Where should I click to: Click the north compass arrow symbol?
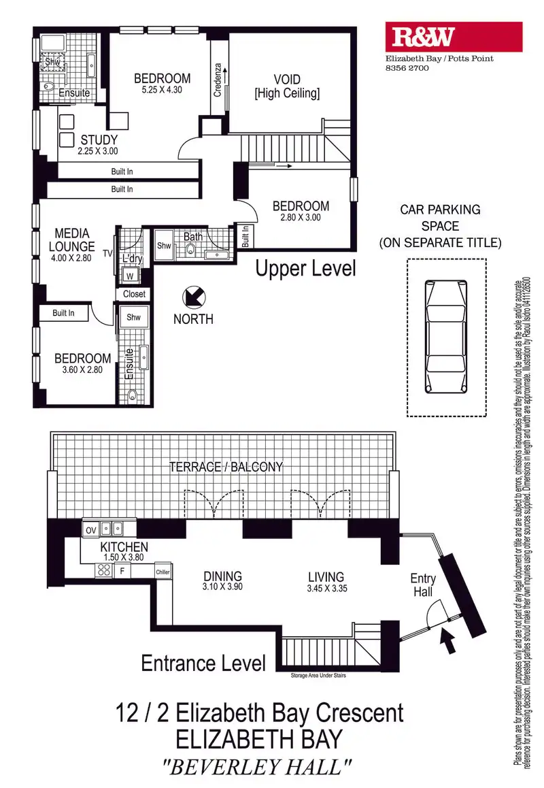coord(193,298)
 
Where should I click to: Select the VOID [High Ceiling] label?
coord(286,86)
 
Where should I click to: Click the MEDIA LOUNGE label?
coord(71,240)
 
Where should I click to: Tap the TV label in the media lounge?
coord(107,252)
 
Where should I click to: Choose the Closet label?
coord(134,294)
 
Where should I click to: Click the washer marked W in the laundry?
coord(129,276)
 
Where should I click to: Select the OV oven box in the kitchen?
coord(89,528)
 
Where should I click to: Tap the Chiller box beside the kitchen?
coord(162,572)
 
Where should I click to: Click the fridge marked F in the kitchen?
coord(124,571)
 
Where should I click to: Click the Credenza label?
coord(218,80)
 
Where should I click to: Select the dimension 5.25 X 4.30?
coord(162,89)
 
